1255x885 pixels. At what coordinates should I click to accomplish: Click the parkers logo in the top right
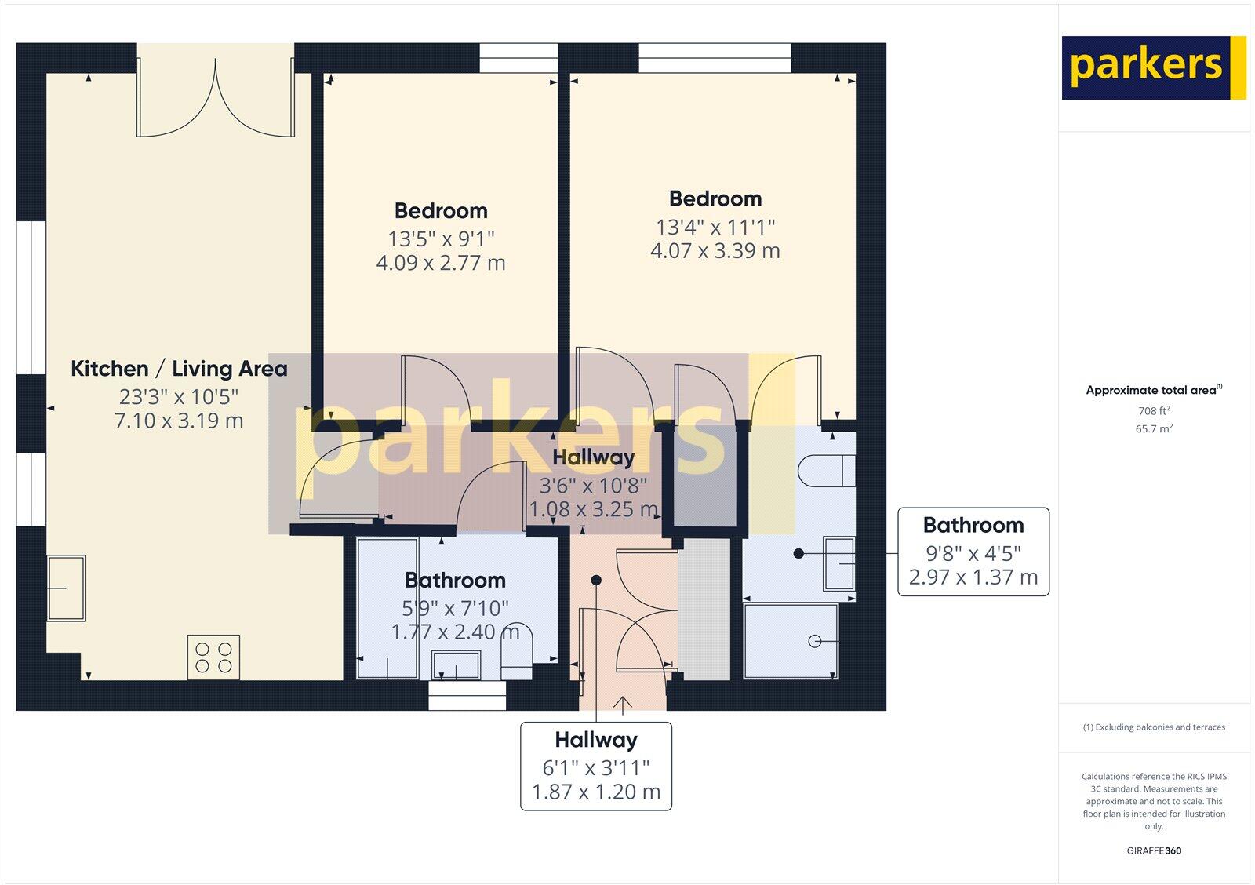1153,67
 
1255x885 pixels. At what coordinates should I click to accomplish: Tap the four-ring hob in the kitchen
213,657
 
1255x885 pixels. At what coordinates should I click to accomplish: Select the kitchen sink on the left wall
66,588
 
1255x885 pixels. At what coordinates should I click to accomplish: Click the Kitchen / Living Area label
179,369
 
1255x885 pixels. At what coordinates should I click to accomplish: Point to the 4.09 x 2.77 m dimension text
441,263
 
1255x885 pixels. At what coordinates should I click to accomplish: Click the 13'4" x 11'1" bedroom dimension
715,227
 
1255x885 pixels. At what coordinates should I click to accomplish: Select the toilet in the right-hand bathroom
825,472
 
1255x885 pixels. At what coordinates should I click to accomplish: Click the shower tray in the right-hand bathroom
791,641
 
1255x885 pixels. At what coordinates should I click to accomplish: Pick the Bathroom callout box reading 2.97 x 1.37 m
973,552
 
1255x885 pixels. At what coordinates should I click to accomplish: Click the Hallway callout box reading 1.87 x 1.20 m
596,766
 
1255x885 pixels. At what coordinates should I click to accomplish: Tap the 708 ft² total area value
1154,411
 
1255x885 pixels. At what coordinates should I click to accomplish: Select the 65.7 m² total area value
1154,429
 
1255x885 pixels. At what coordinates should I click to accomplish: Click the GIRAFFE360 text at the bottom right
1154,850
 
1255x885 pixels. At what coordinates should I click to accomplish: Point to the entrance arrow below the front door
624,704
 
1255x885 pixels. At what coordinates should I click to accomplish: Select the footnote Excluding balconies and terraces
1154,727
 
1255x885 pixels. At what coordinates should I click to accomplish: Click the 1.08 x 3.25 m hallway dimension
593,510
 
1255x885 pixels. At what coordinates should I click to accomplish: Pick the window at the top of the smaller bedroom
518,58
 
